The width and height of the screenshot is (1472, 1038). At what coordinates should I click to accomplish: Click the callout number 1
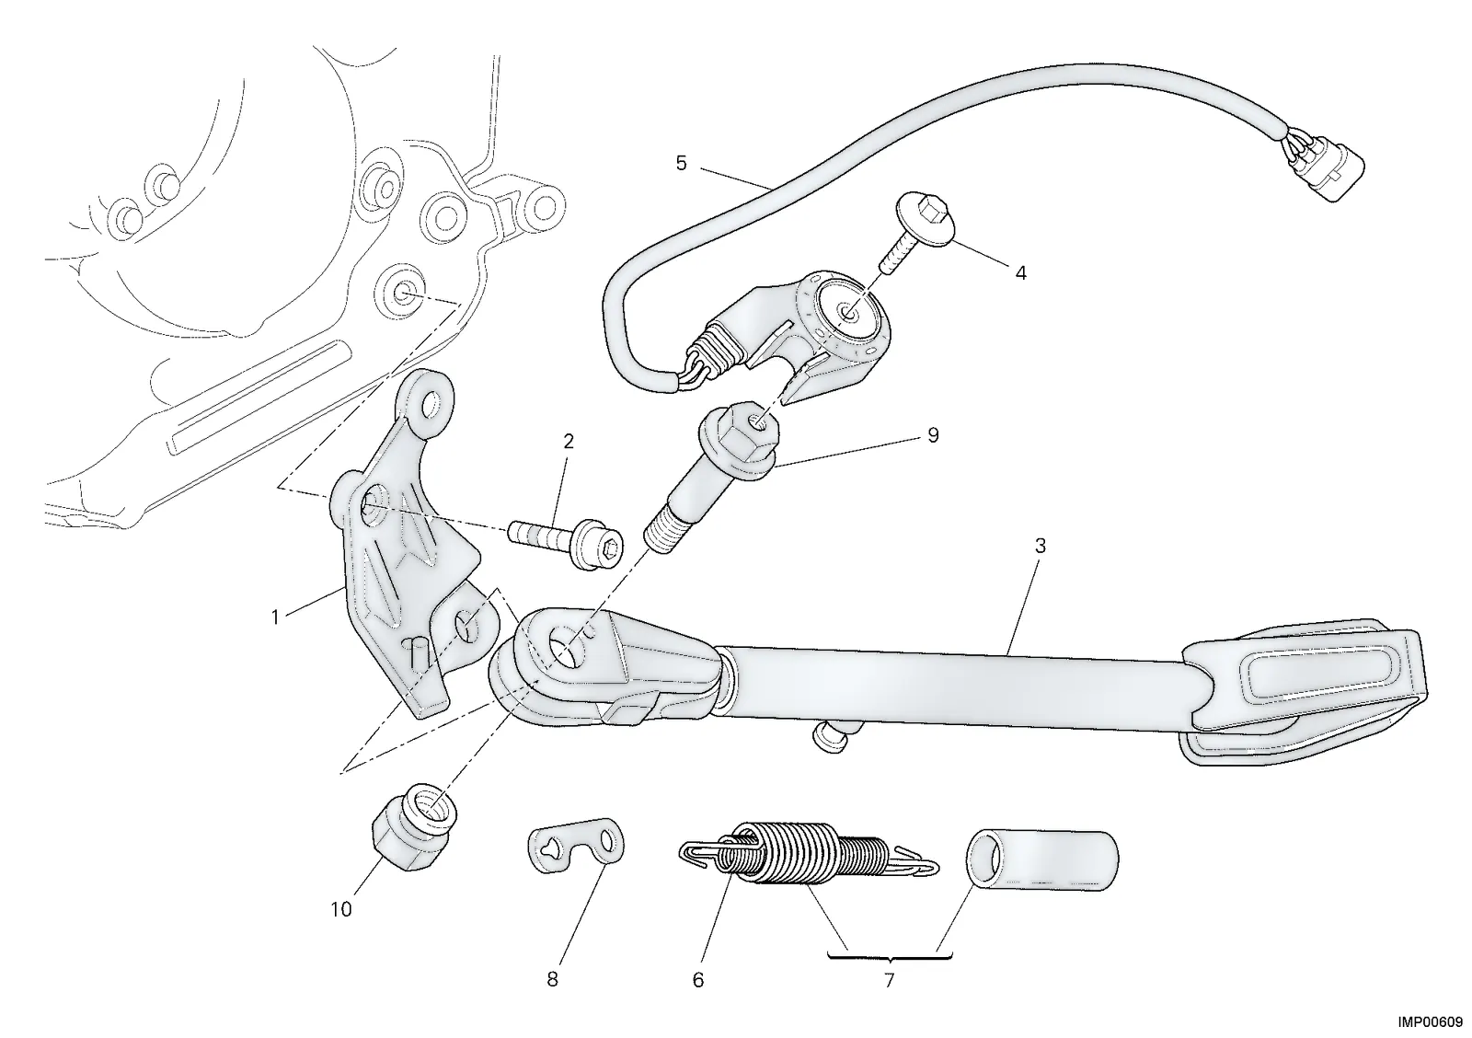(275, 617)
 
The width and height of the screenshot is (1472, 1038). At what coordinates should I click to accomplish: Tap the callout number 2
(569, 441)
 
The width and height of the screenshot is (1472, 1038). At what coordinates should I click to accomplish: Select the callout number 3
(1040, 547)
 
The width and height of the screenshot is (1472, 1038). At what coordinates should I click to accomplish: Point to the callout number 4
(1020, 272)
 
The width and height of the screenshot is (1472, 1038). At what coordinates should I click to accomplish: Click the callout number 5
(682, 163)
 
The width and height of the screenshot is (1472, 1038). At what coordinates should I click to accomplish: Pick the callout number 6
(698, 980)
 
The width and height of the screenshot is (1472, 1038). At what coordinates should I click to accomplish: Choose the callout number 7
(889, 980)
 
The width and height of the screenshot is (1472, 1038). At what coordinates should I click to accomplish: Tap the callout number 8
(552, 979)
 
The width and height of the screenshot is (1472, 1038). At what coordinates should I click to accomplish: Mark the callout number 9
(933, 435)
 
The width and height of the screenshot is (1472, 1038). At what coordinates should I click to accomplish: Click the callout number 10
(341, 910)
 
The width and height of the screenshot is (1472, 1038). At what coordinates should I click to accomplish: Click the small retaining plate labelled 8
(576, 846)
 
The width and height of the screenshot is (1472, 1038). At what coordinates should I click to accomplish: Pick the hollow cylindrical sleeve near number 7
(1041, 860)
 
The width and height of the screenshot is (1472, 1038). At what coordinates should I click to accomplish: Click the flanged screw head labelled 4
(925, 220)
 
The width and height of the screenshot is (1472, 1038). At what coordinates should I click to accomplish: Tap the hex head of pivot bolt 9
(738, 437)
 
